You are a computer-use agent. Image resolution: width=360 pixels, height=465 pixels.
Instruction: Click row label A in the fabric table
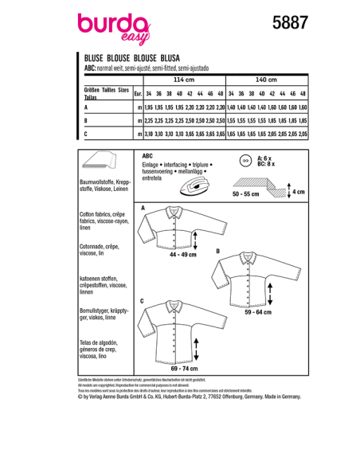tap(85, 107)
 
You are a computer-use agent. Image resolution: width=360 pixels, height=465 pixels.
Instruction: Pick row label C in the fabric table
tap(85, 135)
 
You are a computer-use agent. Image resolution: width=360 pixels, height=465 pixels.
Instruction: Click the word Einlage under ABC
tap(151, 165)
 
